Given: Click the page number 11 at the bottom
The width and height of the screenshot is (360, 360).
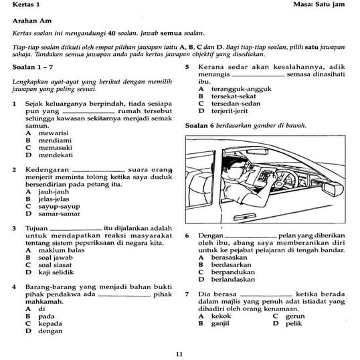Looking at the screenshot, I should tap(179, 353).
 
